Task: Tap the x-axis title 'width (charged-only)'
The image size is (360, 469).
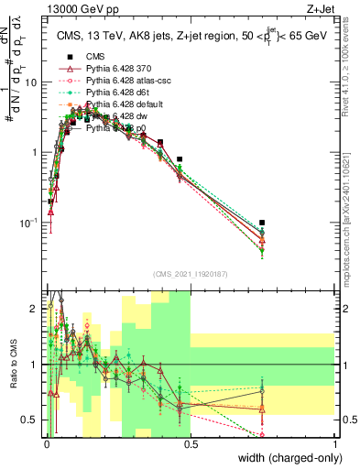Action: [284, 458]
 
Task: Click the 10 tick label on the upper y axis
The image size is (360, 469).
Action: [31, 82]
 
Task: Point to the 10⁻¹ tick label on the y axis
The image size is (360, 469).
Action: [28, 223]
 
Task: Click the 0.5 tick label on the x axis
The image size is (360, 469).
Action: [191, 444]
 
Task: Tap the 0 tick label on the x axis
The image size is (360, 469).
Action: [47, 444]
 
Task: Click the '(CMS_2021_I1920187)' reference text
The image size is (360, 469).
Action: [191, 273]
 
